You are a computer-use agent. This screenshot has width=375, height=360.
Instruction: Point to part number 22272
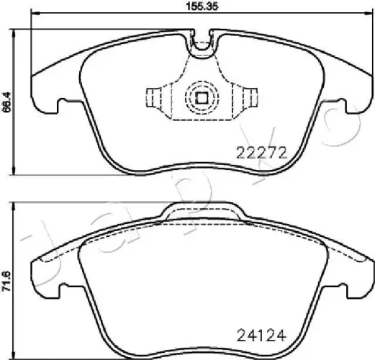pyautogui.click(x=262, y=152)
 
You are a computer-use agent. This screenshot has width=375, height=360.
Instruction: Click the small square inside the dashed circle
pyautogui.click(x=202, y=98)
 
